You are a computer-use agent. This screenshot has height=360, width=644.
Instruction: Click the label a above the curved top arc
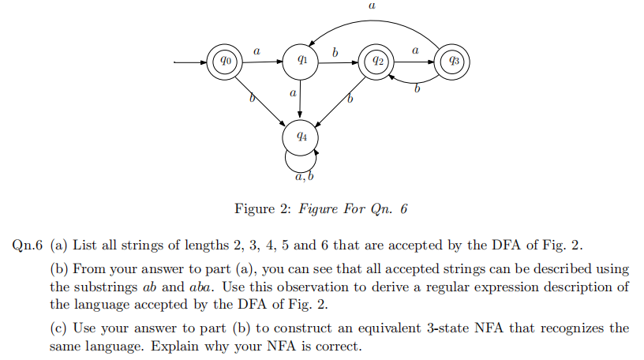click(372, 6)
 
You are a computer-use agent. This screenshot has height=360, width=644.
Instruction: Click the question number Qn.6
click(28, 242)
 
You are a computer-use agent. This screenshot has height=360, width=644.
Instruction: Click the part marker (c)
click(58, 327)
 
